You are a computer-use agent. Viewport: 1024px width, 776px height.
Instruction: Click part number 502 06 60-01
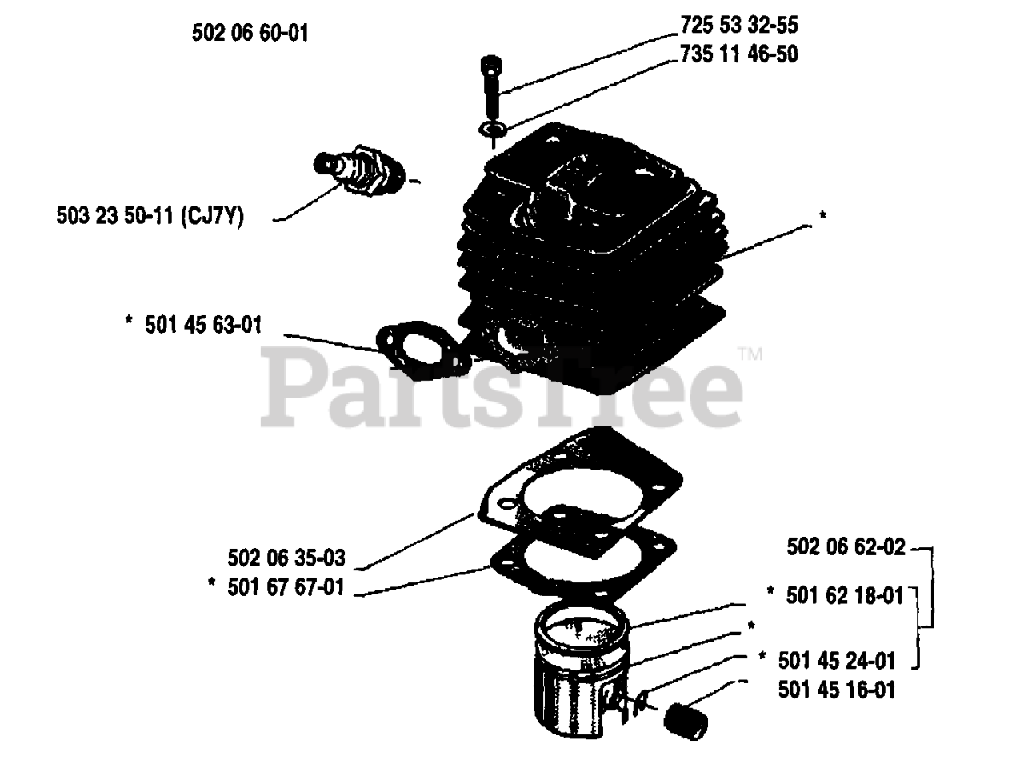click(x=250, y=33)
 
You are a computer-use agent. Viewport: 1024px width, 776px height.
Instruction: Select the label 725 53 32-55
click(x=738, y=26)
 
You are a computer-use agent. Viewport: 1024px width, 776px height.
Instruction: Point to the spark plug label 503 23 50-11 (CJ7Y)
click(x=150, y=216)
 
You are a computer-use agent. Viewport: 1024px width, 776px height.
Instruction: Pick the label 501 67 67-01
click(x=286, y=587)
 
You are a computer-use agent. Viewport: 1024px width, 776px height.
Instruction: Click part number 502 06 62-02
click(x=846, y=547)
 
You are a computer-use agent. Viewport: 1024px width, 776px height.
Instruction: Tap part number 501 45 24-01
click(x=836, y=660)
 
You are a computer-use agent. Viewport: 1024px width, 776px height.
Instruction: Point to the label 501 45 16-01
click(x=836, y=690)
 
